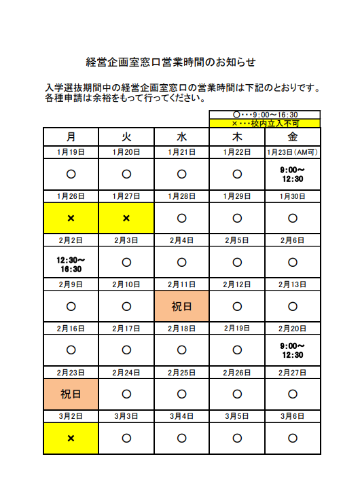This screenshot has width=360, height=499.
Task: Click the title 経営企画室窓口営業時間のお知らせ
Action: pos(171,62)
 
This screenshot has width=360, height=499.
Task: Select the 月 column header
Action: pos(71,136)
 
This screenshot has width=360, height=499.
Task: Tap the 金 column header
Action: pos(292,136)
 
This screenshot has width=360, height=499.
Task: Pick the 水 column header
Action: pos(181,136)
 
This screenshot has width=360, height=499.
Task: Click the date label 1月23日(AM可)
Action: pos(292,152)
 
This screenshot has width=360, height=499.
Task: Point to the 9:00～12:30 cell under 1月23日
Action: pos(292,174)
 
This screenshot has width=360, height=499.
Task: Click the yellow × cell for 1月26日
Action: pos(71,219)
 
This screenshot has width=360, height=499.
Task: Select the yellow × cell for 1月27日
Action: pos(126,219)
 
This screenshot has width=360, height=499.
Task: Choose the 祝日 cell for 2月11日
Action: pos(181,307)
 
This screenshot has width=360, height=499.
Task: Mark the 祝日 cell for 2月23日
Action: pos(71,394)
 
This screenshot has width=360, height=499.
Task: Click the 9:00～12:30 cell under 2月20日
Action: pos(292,350)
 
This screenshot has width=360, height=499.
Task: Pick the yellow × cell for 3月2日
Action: pos(71,439)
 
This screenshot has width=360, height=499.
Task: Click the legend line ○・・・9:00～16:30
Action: pos(265,115)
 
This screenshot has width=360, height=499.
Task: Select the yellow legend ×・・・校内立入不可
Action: pos(265,124)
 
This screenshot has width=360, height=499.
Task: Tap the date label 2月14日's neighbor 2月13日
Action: pos(292,284)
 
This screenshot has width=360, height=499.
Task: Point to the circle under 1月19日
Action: pos(71,174)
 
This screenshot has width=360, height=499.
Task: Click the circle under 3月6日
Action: pos(292,439)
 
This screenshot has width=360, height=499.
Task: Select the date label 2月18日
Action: pos(181,329)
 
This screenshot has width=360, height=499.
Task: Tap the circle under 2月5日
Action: pos(237,263)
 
